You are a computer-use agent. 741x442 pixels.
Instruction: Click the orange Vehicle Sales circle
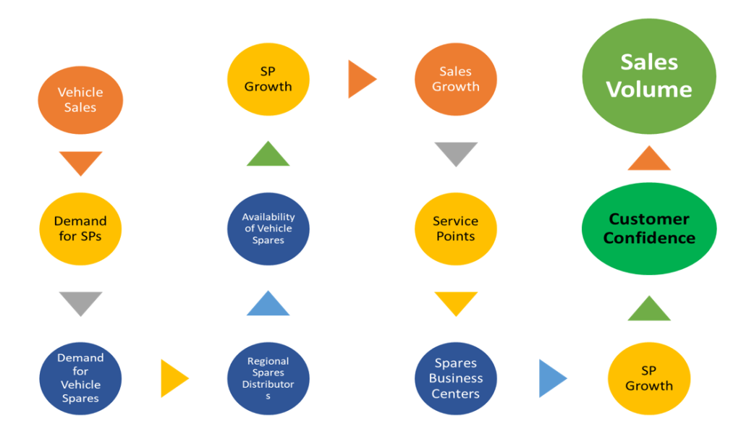point(80,99)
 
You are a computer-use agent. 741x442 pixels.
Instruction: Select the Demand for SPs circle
point(80,228)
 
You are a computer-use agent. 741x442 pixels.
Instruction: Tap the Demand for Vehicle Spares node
point(80,378)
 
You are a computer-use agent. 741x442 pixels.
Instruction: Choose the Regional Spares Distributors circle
point(268,378)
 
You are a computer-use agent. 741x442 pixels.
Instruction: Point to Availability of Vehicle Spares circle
point(268,228)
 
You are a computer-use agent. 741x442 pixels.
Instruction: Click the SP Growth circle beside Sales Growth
point(268,79)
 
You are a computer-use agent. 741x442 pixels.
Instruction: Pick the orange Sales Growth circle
point(455,79)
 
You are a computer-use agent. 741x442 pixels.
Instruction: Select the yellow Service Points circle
point(455,228)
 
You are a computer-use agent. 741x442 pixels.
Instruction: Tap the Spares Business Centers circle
point(455,378)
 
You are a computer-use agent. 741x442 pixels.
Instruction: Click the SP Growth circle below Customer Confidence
point(648,378)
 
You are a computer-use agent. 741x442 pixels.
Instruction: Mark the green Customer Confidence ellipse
point(648,228)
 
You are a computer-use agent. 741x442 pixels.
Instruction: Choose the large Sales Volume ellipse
point(648,76)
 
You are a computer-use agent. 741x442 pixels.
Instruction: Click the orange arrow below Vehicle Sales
point(80,161)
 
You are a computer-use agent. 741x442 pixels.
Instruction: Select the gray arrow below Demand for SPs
point(80,302)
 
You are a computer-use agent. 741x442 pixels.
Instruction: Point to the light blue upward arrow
point(268,305)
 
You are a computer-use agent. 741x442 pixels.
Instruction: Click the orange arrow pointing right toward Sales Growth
point(360,79)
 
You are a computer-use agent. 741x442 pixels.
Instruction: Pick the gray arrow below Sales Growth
point(455,152)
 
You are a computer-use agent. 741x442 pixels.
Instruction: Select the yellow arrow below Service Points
point(455,302)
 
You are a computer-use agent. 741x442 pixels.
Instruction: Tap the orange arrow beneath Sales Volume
point(648,160)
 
